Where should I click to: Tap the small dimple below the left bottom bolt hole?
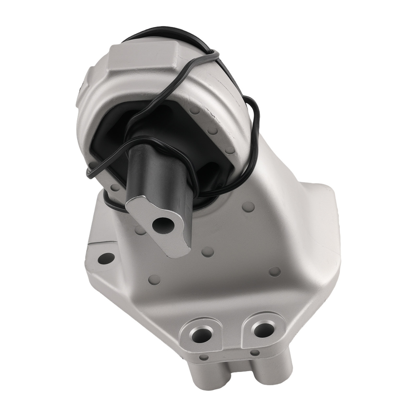(203, 357)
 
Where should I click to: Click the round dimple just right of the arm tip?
(207, 251)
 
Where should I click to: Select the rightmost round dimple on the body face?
(275, 271)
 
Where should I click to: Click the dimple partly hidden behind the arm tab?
(140, 230)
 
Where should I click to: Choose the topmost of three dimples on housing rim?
(194, 111)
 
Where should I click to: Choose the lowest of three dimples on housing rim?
(229, 149)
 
